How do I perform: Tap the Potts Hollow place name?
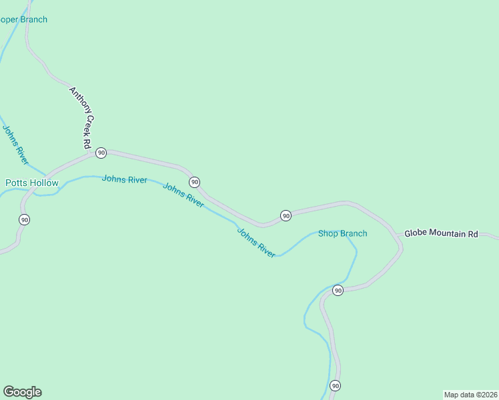tap(32, 183)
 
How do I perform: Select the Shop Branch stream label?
tap(342, 233)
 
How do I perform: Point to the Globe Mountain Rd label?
tap(442, 234)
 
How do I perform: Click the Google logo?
tap(22, 392)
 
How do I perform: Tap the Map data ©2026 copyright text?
tap(470, 395)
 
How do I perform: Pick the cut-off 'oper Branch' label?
tap(23, 20)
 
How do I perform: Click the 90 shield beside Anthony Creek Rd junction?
tap(101, 153)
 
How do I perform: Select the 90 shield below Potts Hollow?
tap(25, 219)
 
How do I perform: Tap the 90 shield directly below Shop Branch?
tap(338, 290)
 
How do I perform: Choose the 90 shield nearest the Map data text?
tap(335, 386)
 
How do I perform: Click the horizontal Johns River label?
tap(124, 179)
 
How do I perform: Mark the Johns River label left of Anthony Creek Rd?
tap(15, 145)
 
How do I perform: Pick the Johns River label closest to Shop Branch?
tap(256, 243)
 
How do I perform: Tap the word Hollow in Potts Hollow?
tap(45, 183)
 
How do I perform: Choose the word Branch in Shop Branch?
tap(354, 233)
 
